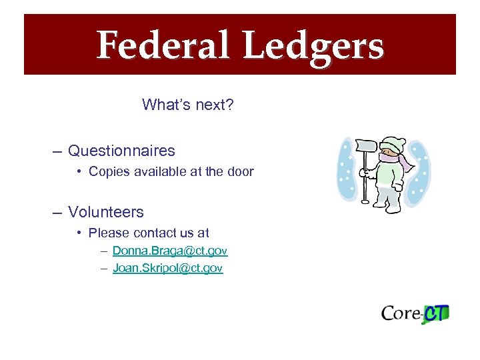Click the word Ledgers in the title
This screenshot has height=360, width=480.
point(313,47)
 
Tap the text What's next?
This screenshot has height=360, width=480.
point(187,105)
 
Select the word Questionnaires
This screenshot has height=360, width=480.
point(121,151)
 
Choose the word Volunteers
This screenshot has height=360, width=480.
point(105,212)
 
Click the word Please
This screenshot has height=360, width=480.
point(109,233)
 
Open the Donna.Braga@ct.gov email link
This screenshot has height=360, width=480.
point(170,251)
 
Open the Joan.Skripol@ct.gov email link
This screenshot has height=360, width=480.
point(167,268)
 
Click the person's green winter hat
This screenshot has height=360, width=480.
point(392,143)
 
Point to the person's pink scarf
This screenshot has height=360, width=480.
point(402,162)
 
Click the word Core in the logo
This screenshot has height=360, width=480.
point(401,313)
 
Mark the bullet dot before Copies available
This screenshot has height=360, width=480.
point(79,171)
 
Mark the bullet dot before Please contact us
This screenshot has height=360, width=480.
point(79,233)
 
